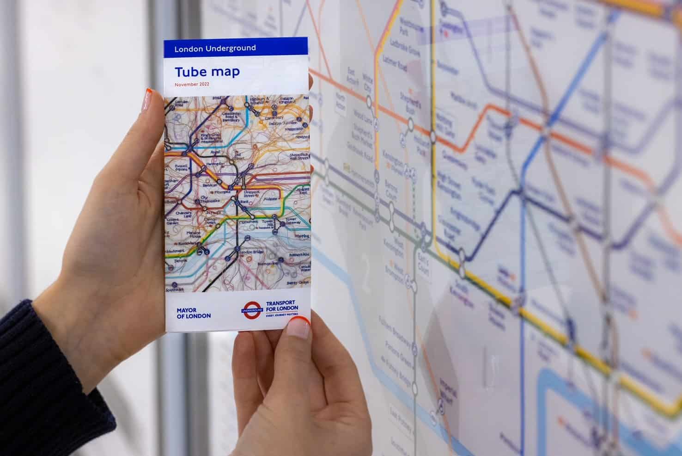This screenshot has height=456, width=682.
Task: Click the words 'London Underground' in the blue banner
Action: click(215, 48)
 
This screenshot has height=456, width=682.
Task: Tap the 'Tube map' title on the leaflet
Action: click(207, 72)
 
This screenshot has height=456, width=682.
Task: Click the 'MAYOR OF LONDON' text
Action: click(193, 313)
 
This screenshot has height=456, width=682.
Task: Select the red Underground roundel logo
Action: click(252, 308)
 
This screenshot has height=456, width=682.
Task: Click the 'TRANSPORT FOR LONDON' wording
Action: click(282, 308)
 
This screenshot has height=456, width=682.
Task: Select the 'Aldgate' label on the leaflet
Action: click(270, 199)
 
